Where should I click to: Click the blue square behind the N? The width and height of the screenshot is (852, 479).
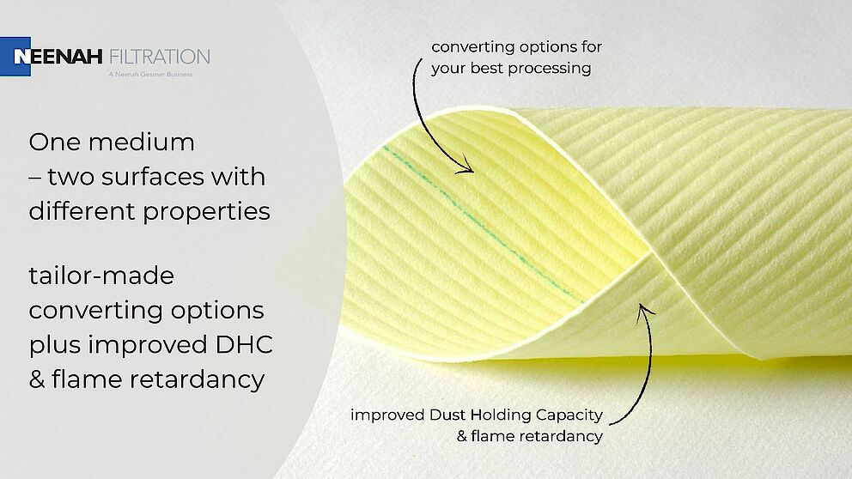pos(15,57)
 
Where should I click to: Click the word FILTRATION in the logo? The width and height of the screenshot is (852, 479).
pos(160,57)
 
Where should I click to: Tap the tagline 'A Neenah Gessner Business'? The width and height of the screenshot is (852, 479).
pos(150,75)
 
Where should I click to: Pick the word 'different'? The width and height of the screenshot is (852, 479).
pos(81,210)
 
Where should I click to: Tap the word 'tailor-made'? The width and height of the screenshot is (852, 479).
pos(101,276)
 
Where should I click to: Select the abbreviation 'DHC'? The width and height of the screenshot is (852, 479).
pos(244,345)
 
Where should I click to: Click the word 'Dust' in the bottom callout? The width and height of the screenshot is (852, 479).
pos(447,415)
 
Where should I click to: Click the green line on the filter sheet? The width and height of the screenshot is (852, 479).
pos(483,223)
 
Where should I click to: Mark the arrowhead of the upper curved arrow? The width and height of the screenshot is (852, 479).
pos(466,166)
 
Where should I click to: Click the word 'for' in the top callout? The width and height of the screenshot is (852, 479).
pos(591,46)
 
